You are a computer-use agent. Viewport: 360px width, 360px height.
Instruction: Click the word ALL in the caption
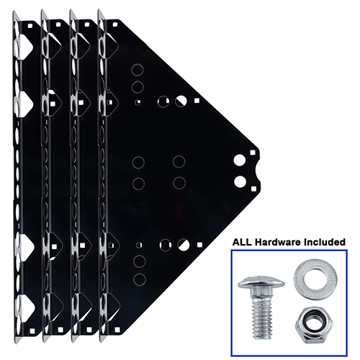[243, 241]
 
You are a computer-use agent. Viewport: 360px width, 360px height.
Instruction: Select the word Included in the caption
[323, 241]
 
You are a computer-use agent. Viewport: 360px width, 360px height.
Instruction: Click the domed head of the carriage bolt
[260, 281]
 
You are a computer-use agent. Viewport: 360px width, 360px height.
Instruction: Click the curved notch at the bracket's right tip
[258, 171]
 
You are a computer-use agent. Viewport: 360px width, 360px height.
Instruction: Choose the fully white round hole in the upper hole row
[181, 102]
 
